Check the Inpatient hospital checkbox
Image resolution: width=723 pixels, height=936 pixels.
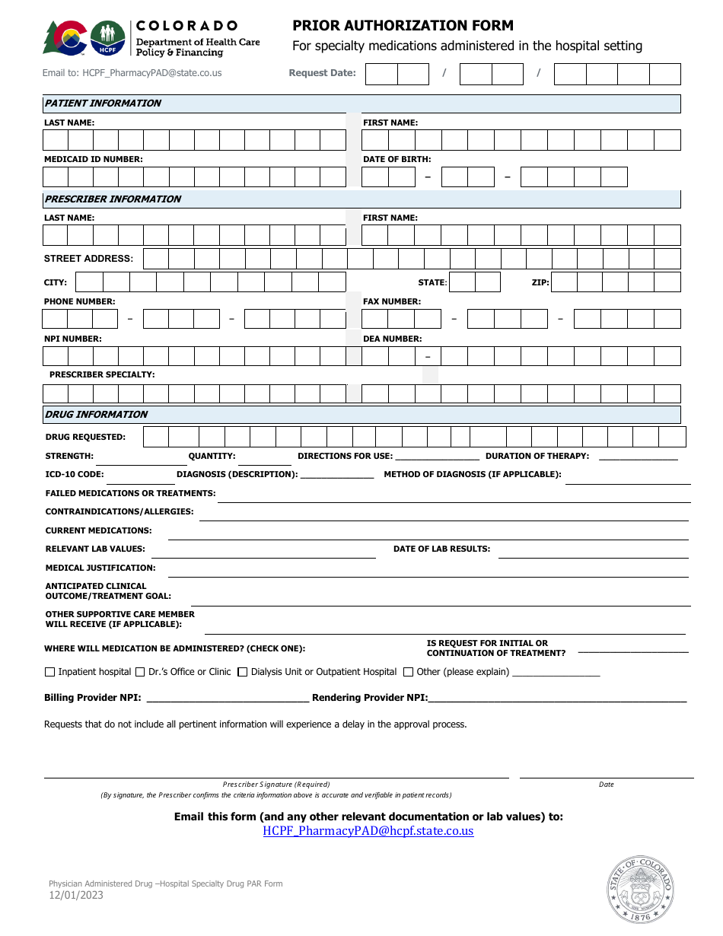(x=50, y=672)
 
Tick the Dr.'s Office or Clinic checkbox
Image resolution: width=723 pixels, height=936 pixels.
(x=139, y=672)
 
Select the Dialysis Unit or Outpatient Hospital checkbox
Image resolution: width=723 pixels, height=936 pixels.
(x=243, y=672)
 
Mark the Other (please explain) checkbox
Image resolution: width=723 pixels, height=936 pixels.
(x=409, y=672)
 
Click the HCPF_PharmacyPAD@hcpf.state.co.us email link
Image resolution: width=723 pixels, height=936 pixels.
(x=368, y=831)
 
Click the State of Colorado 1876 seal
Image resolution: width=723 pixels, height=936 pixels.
(x=640, y=890)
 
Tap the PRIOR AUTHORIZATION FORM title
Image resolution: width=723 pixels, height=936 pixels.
(x=403, y=26)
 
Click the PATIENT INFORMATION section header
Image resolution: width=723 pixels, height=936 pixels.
(x=103, y=103)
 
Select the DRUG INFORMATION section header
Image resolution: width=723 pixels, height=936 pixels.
(x=96, y=415)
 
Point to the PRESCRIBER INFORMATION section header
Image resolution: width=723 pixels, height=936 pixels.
(x=113, y=199)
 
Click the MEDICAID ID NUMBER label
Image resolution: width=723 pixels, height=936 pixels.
(x=93, y=160)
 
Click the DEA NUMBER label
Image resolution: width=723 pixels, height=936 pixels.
(x=392, y=339)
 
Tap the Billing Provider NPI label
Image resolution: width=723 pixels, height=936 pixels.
(x=92, y=698)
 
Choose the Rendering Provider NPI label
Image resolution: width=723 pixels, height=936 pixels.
(x=369, y=698)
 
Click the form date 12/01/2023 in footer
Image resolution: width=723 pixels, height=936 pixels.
(x=76, y=895)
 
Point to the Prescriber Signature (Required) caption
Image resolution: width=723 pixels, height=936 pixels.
(x=276, y=785)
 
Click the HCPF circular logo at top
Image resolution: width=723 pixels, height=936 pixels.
(x=107, y=37)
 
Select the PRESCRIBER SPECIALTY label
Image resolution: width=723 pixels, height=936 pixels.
(x=102, y=375)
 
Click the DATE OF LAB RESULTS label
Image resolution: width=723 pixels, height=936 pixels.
(x=441, y=549)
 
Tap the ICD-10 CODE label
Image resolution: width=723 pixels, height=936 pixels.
(x=75, y=475)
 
